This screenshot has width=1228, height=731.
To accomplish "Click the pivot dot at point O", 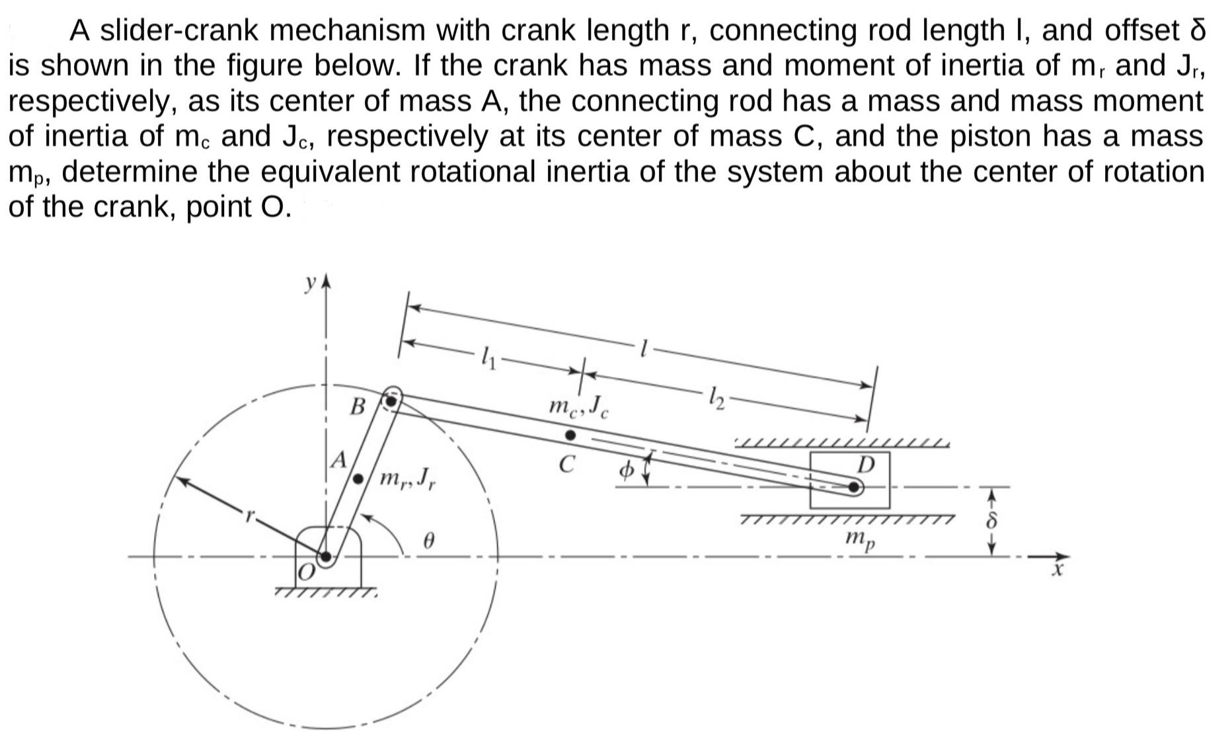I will tap(325, 557).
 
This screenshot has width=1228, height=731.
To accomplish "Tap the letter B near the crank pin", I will tap(358, 406).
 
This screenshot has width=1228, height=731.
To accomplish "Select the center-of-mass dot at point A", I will tap(358, 478).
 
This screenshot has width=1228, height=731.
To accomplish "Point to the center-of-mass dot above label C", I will tap(570, 436).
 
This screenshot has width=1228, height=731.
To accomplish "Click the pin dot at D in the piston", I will tap(854, 488).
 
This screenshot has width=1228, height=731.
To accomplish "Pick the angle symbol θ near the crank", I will tap(429, 543).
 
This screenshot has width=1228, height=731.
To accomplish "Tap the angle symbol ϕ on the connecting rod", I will tap(625, 470).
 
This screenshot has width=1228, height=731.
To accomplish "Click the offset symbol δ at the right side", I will tap(991, 521).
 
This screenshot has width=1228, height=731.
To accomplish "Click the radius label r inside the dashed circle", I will tap(249, 516).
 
